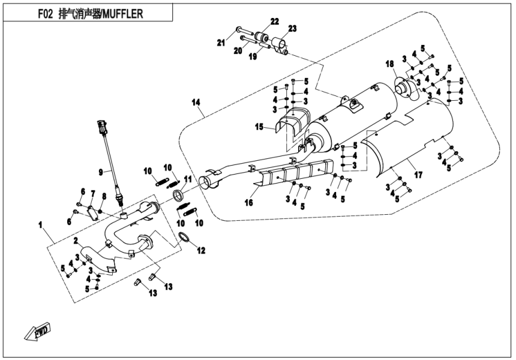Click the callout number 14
point(196,103)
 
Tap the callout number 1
point(41,226)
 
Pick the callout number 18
point(389,64)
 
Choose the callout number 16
point(248,203)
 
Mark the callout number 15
point(259,127)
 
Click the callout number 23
point(292,29)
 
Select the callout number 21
point(221,42)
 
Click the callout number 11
point(188,179)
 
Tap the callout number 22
point(274,22)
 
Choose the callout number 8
point(104,196)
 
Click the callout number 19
point(253,56)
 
